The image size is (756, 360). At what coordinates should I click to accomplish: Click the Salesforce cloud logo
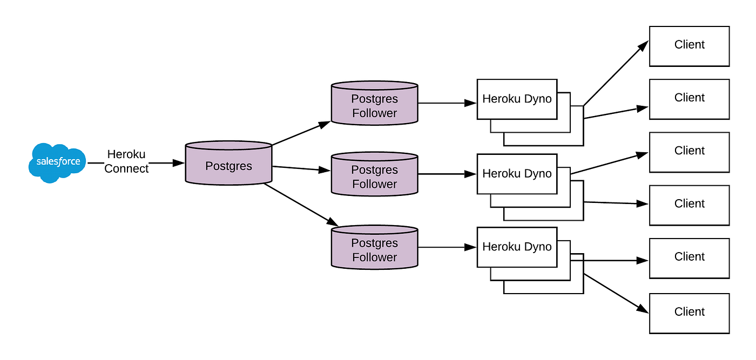click(x=57, y=162)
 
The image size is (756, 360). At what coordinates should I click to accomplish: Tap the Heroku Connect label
click(x=126, y=162)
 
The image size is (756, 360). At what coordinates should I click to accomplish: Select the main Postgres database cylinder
click(x=228, y=165)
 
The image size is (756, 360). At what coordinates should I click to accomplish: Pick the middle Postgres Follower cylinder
click(x=374, y=175)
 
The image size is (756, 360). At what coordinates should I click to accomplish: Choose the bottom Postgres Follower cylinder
click(x=374, y=249)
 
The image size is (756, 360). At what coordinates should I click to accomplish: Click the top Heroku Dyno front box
click(x=517, y=99)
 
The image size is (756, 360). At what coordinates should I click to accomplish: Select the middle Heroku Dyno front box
click(x=517, y=174)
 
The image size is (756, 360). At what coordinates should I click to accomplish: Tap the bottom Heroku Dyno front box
click(x=517, y=247)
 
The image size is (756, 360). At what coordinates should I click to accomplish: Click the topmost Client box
click(x=689, y=45)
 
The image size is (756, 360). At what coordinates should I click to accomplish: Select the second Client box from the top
click(x=689, y=99)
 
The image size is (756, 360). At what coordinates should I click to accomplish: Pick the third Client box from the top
click(x=689, y=152)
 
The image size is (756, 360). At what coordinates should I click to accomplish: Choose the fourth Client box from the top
click(x=689, y=205)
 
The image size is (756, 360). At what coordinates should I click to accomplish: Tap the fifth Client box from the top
click(x=689, y=257)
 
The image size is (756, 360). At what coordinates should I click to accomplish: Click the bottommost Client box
click(x=689, y=313)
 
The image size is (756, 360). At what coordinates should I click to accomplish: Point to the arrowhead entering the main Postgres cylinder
click(x=179, y=162)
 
